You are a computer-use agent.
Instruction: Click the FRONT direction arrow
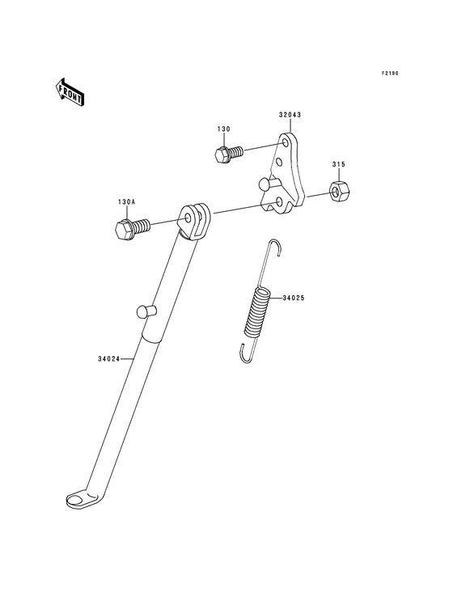[70, 91]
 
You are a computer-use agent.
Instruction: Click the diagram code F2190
[390, 74]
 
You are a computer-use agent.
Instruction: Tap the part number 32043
[290, 115]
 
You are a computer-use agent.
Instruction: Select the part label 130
[223, 129]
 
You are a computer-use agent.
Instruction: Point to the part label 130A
[125, 202]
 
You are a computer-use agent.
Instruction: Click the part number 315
[339, 165]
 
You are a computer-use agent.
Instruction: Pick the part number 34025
[293, 298]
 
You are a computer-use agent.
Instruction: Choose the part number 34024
[108, 359]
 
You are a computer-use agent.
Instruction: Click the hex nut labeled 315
[340, 190]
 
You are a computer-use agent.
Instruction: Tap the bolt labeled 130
[228, 154]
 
